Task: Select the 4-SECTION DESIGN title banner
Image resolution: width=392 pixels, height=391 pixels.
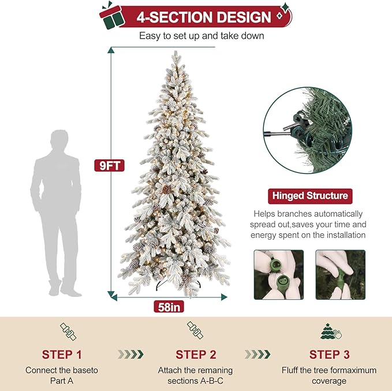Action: pos(203,17)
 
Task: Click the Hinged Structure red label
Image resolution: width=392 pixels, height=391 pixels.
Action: pos(309,196)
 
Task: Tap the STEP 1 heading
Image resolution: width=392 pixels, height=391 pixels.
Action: pos(65,354)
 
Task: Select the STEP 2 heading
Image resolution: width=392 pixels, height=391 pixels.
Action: pos(195,354)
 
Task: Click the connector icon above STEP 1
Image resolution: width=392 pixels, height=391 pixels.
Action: pos(68,332)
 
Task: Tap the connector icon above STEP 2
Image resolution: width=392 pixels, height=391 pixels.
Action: pos(195,331)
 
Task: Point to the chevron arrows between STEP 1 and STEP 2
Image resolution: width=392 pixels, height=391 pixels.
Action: pos(130,353)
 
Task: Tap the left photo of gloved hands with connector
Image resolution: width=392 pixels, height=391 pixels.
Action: pos(278,274)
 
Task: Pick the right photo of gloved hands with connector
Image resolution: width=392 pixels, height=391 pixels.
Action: pos(340,274)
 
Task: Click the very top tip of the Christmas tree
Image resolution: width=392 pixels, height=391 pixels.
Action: pos(175,53)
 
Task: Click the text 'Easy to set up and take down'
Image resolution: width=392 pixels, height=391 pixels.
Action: pos(201,36)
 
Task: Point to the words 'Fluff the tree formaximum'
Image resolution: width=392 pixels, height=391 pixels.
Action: pos(328,370)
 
